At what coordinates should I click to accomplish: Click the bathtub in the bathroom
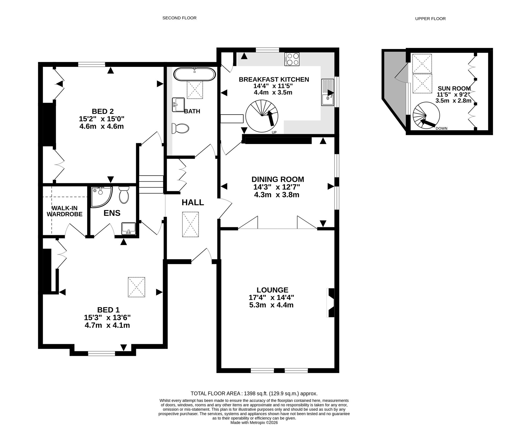[195, 74]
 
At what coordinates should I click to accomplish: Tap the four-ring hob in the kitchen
[292, 59]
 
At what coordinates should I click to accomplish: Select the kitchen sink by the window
[328, 92]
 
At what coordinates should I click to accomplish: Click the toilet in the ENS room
[124, 194]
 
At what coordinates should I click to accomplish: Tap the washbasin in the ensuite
[129, 229]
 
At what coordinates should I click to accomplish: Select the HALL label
[193, 203]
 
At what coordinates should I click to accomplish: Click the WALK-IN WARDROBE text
[65, 211]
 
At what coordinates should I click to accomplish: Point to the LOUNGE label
[272, 290]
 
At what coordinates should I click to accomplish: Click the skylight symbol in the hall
[190, 224]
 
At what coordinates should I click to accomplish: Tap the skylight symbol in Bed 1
[136, 287]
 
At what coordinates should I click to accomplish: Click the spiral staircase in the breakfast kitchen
[262, 116]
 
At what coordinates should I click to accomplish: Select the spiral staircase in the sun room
[426, 116]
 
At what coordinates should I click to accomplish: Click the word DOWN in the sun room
[442, 128]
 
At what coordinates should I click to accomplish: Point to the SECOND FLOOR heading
[179, 18]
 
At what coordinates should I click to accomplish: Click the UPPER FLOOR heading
[430, 19]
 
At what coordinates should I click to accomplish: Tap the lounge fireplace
[331, 303]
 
